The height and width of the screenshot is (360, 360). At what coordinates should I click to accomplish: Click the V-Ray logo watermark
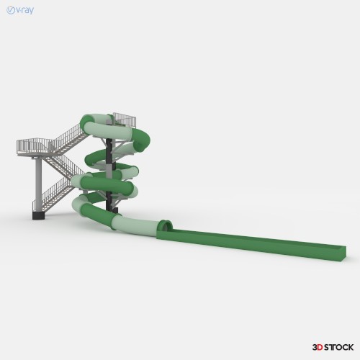click(20, 10)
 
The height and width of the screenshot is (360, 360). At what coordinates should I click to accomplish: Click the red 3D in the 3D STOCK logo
click(318, 347)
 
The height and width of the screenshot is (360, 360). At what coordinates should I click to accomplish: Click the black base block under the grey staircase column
click(38, 215)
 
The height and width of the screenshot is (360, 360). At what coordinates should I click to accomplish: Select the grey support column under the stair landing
click(38, 184)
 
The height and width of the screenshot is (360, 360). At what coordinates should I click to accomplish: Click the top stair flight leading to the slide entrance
click(70, 139)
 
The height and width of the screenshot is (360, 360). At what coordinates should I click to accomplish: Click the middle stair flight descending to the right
click(64, 166)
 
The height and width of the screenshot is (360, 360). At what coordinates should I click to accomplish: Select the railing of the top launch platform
click(125, 120)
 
